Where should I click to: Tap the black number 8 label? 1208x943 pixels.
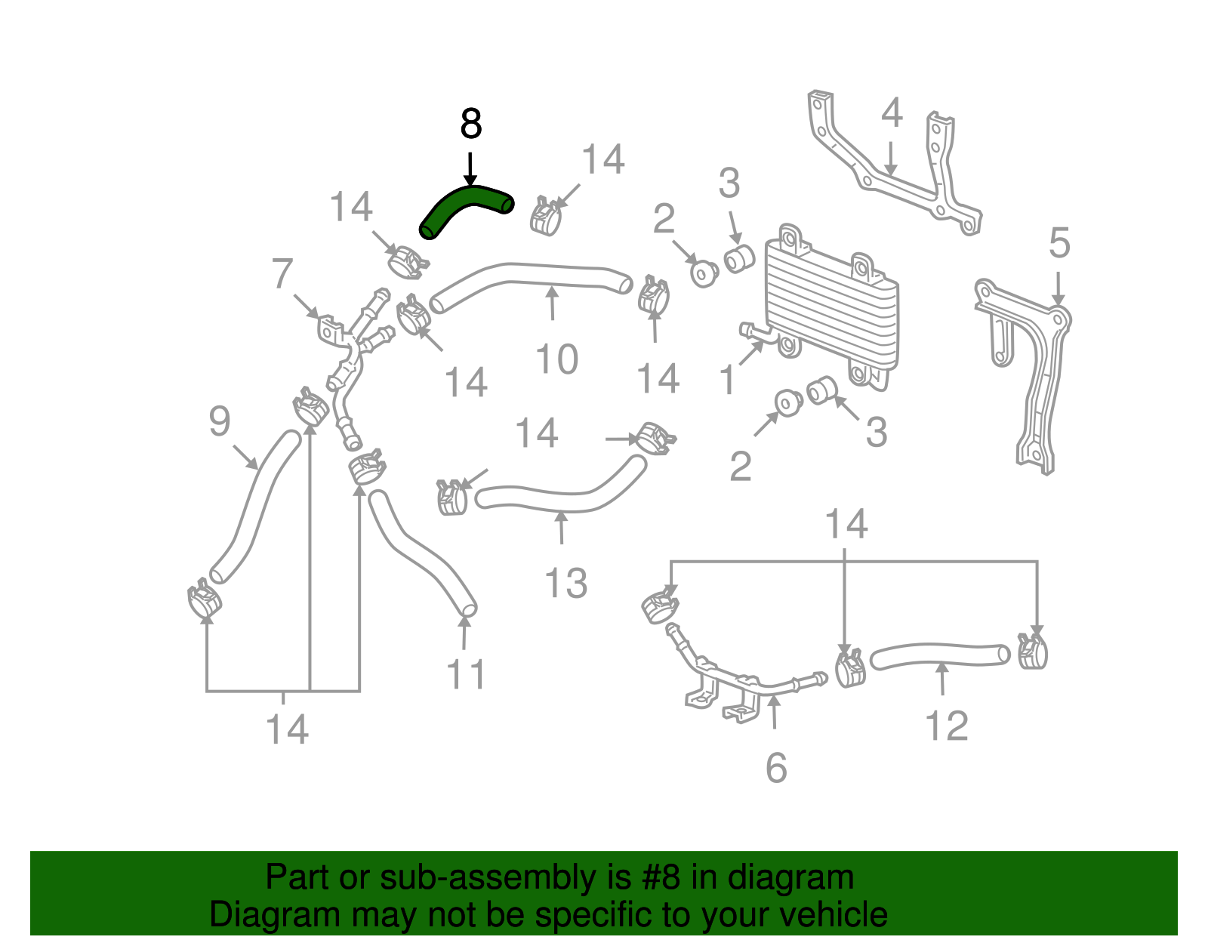click(470, 125)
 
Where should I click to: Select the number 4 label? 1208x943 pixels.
click(892, 112)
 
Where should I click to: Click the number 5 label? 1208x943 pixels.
click(1059, 244)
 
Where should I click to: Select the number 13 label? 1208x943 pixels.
click(565, 584)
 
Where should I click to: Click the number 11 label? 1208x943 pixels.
click(466, 674)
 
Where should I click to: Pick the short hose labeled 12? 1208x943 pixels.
click(940, 655)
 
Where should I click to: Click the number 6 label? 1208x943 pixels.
click(776, 769)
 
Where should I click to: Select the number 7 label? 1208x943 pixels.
click(282, 273)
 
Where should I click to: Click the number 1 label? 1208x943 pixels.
click(727, 380)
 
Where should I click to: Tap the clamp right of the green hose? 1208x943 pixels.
click(545, 216)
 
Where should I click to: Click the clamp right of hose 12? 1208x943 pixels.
click(1032, 651)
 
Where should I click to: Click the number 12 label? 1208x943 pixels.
click(946, 726)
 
